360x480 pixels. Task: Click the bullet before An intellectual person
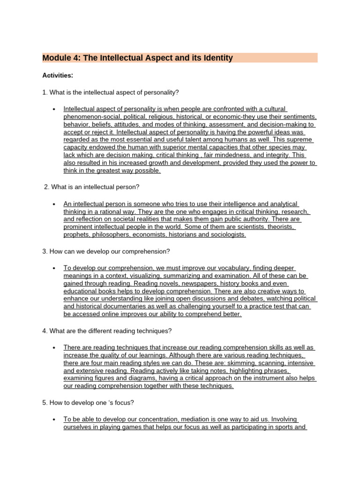click(54, 204)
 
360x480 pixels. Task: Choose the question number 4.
click(44, 331)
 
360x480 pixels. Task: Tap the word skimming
click(237, 363)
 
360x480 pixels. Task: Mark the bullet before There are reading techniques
click(54, 348)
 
